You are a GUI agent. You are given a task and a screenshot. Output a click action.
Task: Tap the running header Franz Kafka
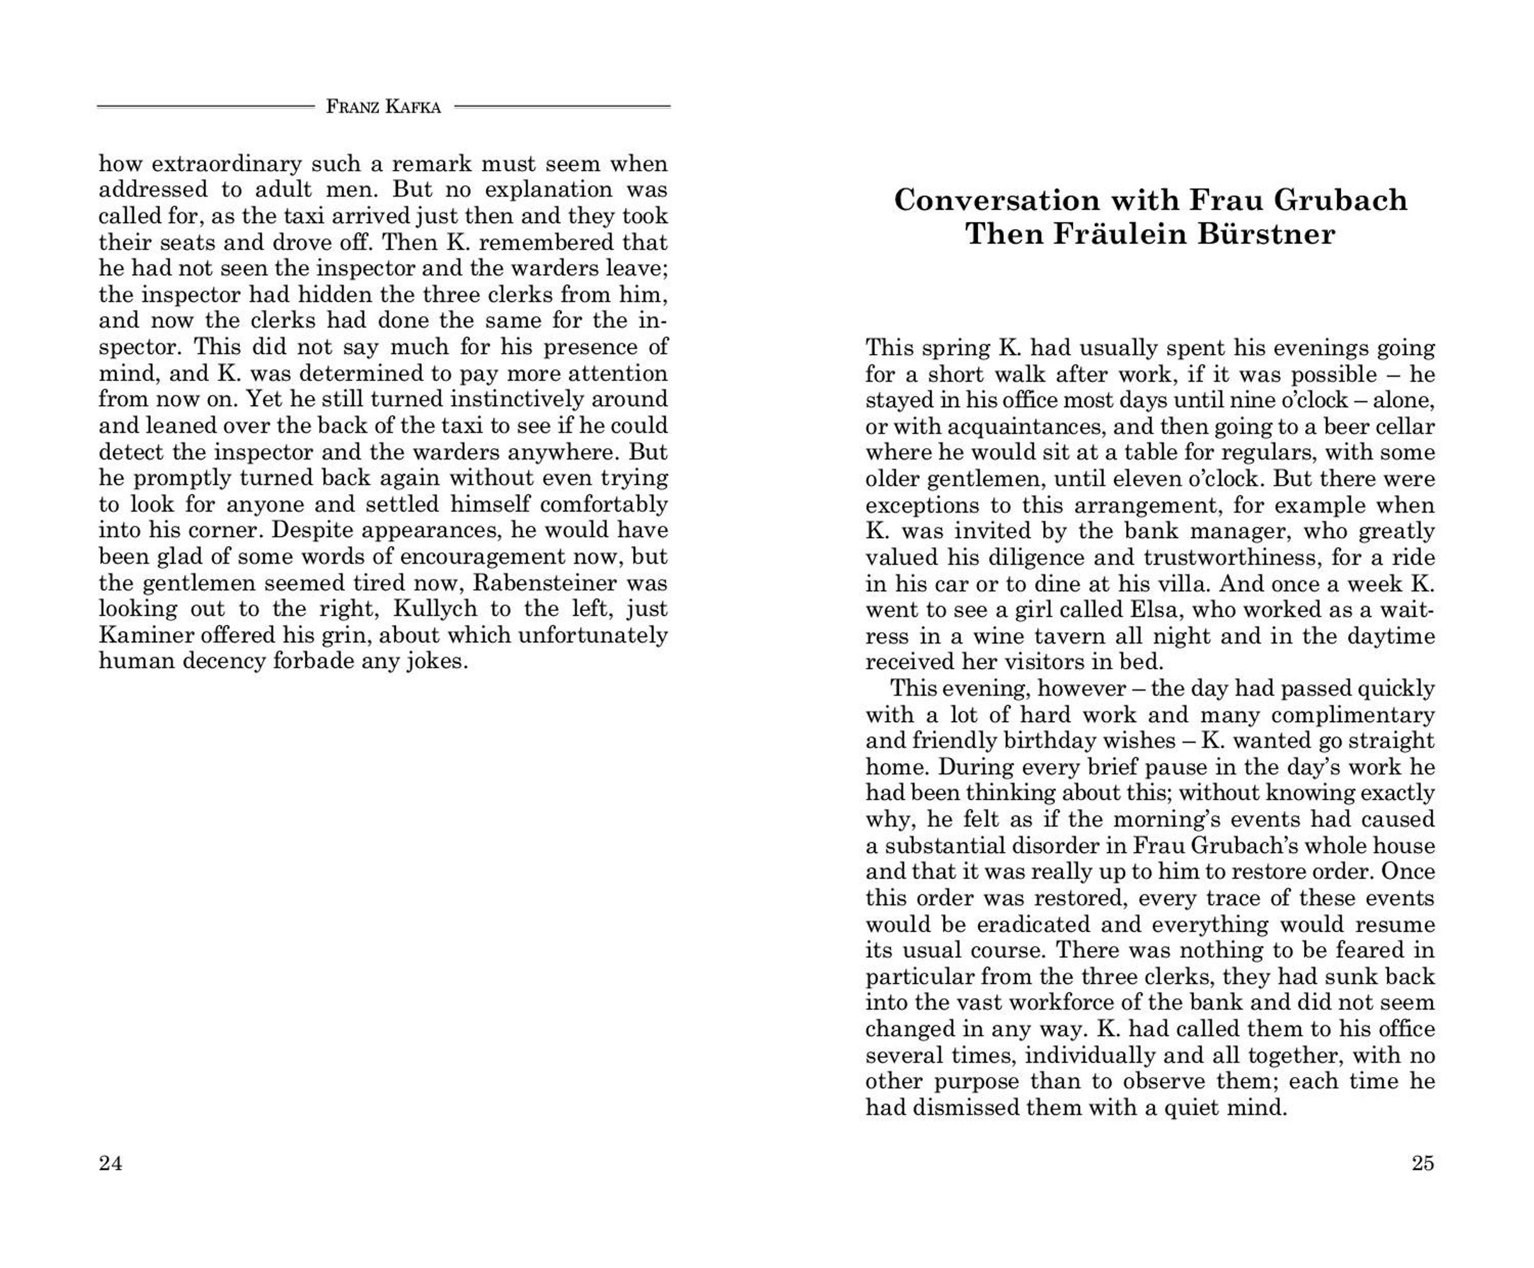[383, 107]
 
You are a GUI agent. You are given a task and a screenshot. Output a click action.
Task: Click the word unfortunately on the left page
[593, 635]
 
